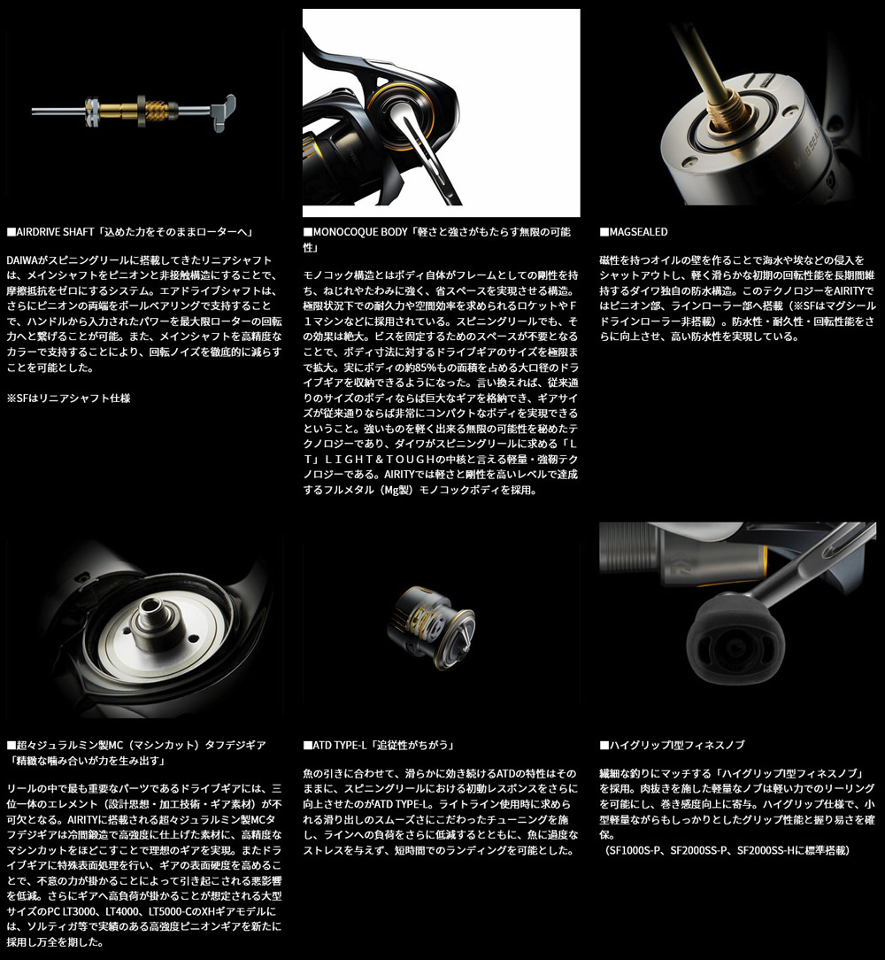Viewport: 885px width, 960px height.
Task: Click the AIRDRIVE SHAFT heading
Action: tap(130, 232)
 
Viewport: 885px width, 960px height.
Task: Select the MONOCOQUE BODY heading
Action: tap(437, 239)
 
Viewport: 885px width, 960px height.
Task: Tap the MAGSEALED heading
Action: tap(634, 232)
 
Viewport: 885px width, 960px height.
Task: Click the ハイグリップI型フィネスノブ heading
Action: tap(672, 745)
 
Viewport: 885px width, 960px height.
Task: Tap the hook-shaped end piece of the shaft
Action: tap(223, 112)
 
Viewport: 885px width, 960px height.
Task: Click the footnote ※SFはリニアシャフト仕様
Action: tap(68, 399)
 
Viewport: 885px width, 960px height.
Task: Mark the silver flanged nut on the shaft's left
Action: tap(92, 112)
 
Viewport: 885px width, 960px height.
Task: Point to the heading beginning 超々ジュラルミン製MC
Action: tap(136, 753)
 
